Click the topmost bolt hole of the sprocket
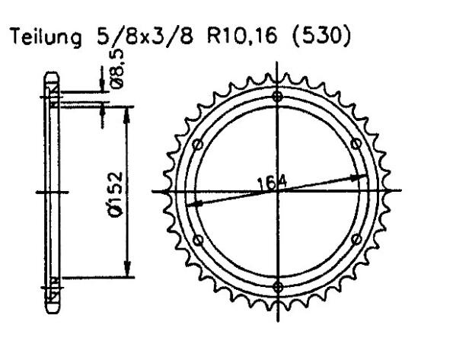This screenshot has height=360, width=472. coord(277,97)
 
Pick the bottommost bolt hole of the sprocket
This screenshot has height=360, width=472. coord(277,287)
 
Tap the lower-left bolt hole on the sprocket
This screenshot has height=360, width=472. coord(197,239)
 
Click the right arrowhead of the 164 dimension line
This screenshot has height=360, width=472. coord(362,177)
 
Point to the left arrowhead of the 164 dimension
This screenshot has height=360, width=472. coord(193,204)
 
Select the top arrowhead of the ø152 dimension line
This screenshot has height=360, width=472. coord(128,110)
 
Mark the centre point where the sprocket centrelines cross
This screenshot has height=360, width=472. coord(277,191)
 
